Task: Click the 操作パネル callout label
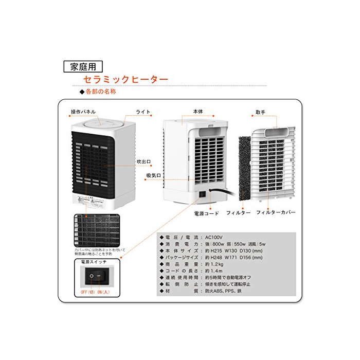click(83, 112)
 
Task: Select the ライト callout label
click(143, 112)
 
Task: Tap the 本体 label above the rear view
click(198, 112)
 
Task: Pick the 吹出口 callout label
click(143, 161)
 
